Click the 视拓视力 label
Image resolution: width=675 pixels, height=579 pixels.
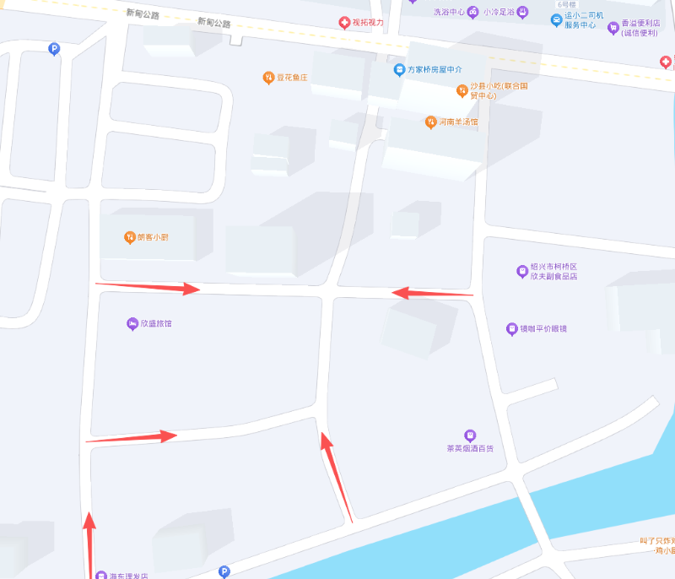pos(368,23)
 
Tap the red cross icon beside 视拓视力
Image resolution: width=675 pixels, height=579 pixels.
pos(344,23)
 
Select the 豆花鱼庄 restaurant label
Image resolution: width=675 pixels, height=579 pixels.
pos(292,78)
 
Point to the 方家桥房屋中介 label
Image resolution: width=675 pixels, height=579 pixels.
pos(435,69)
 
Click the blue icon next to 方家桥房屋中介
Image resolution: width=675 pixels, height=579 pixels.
pos(399,69)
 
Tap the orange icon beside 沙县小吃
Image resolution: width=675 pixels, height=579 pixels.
pos(462,90)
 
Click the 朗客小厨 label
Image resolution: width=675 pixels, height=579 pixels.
pos(153,237)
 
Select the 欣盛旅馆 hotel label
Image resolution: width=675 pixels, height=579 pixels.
pos(162,324)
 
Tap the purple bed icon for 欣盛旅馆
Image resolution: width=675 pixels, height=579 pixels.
pos(132,324)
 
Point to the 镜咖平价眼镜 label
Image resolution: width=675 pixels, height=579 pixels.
pos(543,328)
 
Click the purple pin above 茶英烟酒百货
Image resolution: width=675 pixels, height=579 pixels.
pos(470,435)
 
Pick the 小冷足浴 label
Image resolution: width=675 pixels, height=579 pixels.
pos(499,12)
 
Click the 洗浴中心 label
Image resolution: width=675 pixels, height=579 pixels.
pos(450,12)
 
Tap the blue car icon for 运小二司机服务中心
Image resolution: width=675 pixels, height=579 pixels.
pos(556,19)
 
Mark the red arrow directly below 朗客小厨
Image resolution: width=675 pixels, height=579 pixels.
pos(148,287)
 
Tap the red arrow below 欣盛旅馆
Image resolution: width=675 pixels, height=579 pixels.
pos(132,437)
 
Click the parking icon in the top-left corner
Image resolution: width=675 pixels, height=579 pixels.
pos(55,49)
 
